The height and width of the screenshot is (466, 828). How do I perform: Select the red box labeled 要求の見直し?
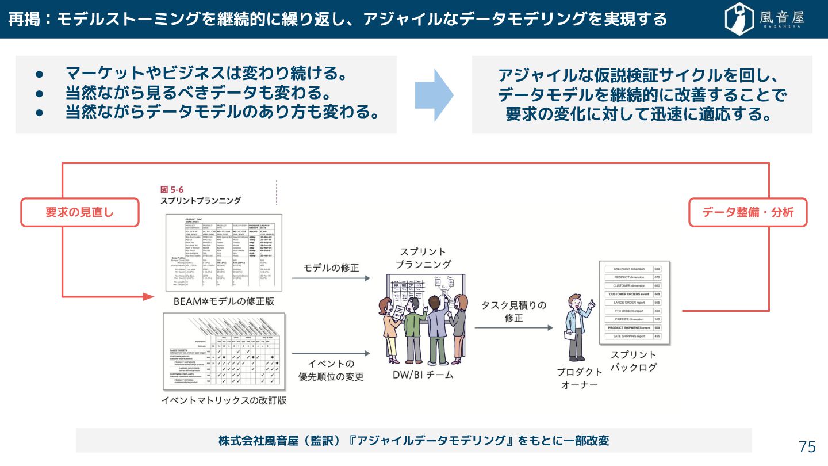coord(80,212)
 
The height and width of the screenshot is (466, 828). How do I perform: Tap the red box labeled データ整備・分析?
coord(747,212)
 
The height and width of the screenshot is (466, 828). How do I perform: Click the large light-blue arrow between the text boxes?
coord(434,96)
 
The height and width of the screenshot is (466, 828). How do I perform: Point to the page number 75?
coord(807,447)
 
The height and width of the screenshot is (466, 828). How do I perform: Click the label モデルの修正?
coord(331,268)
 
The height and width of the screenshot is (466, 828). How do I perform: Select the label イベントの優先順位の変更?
coord(331,370)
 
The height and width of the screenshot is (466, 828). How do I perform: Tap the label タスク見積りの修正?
coord(513,311)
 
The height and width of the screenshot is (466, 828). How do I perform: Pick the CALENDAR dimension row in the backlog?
coord(630,269)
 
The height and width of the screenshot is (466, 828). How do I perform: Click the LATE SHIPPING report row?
coord(630,336)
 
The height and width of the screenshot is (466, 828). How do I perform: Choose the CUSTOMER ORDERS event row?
coord(630,294)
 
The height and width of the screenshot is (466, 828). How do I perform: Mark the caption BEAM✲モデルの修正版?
coord(224,301)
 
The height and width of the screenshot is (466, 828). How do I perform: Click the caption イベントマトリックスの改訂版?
coord(224,401)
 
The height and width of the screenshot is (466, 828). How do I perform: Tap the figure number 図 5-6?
coord(172,189)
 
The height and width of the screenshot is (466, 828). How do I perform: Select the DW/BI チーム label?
coord(423,375)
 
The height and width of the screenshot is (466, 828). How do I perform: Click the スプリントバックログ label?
coord(633,361)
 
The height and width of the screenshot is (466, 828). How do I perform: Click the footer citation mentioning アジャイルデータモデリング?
coord(413,441)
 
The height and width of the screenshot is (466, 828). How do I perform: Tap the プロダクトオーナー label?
coord(580,378)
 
